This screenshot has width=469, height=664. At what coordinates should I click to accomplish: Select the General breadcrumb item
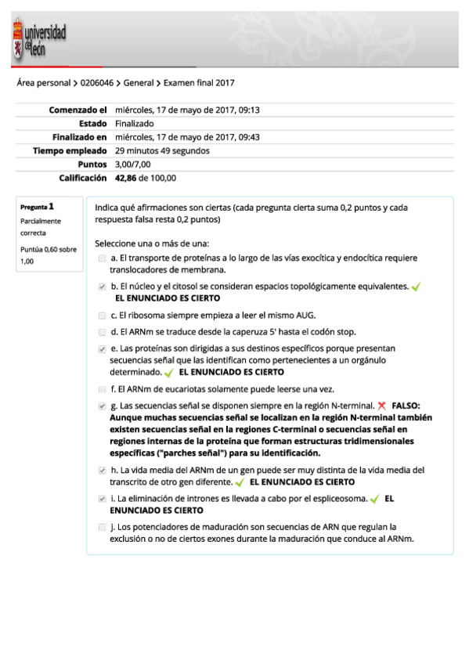tap(139, 83)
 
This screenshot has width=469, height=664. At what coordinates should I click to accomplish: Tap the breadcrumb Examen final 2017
tap(199, 83)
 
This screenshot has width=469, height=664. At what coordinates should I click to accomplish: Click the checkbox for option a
tap(103, 258)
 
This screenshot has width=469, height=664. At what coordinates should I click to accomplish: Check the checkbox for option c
tap(103, 316)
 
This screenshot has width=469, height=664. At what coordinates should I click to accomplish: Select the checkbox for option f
tap(103, 389)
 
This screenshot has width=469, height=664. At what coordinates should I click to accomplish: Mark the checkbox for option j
tap(103, 527)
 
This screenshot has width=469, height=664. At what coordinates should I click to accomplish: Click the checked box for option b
tap(103, 287)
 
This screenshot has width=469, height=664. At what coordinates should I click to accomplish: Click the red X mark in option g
tap(381, 406)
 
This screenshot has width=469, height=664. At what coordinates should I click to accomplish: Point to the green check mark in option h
tap(239, 482)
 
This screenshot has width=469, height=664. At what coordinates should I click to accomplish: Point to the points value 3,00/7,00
tap(133, 164)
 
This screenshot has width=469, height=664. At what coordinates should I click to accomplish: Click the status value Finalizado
tap(135, 124)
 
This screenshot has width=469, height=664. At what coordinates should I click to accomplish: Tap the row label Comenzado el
tap(78, 110)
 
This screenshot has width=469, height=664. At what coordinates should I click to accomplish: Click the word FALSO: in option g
tap(406, 406)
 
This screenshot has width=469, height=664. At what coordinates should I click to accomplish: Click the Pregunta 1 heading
tap(37, 207)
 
